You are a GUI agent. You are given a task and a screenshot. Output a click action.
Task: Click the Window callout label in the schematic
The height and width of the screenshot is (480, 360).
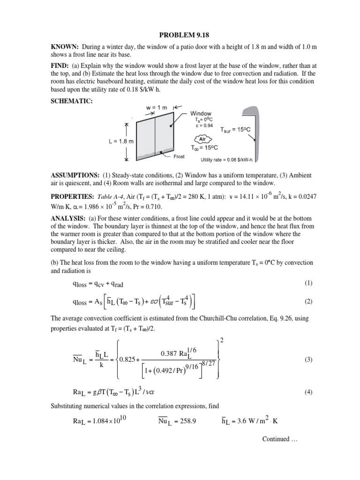click(x=201, y=113)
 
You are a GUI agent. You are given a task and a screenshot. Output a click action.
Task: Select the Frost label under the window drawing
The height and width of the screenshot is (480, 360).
click(x=180, y=157)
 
